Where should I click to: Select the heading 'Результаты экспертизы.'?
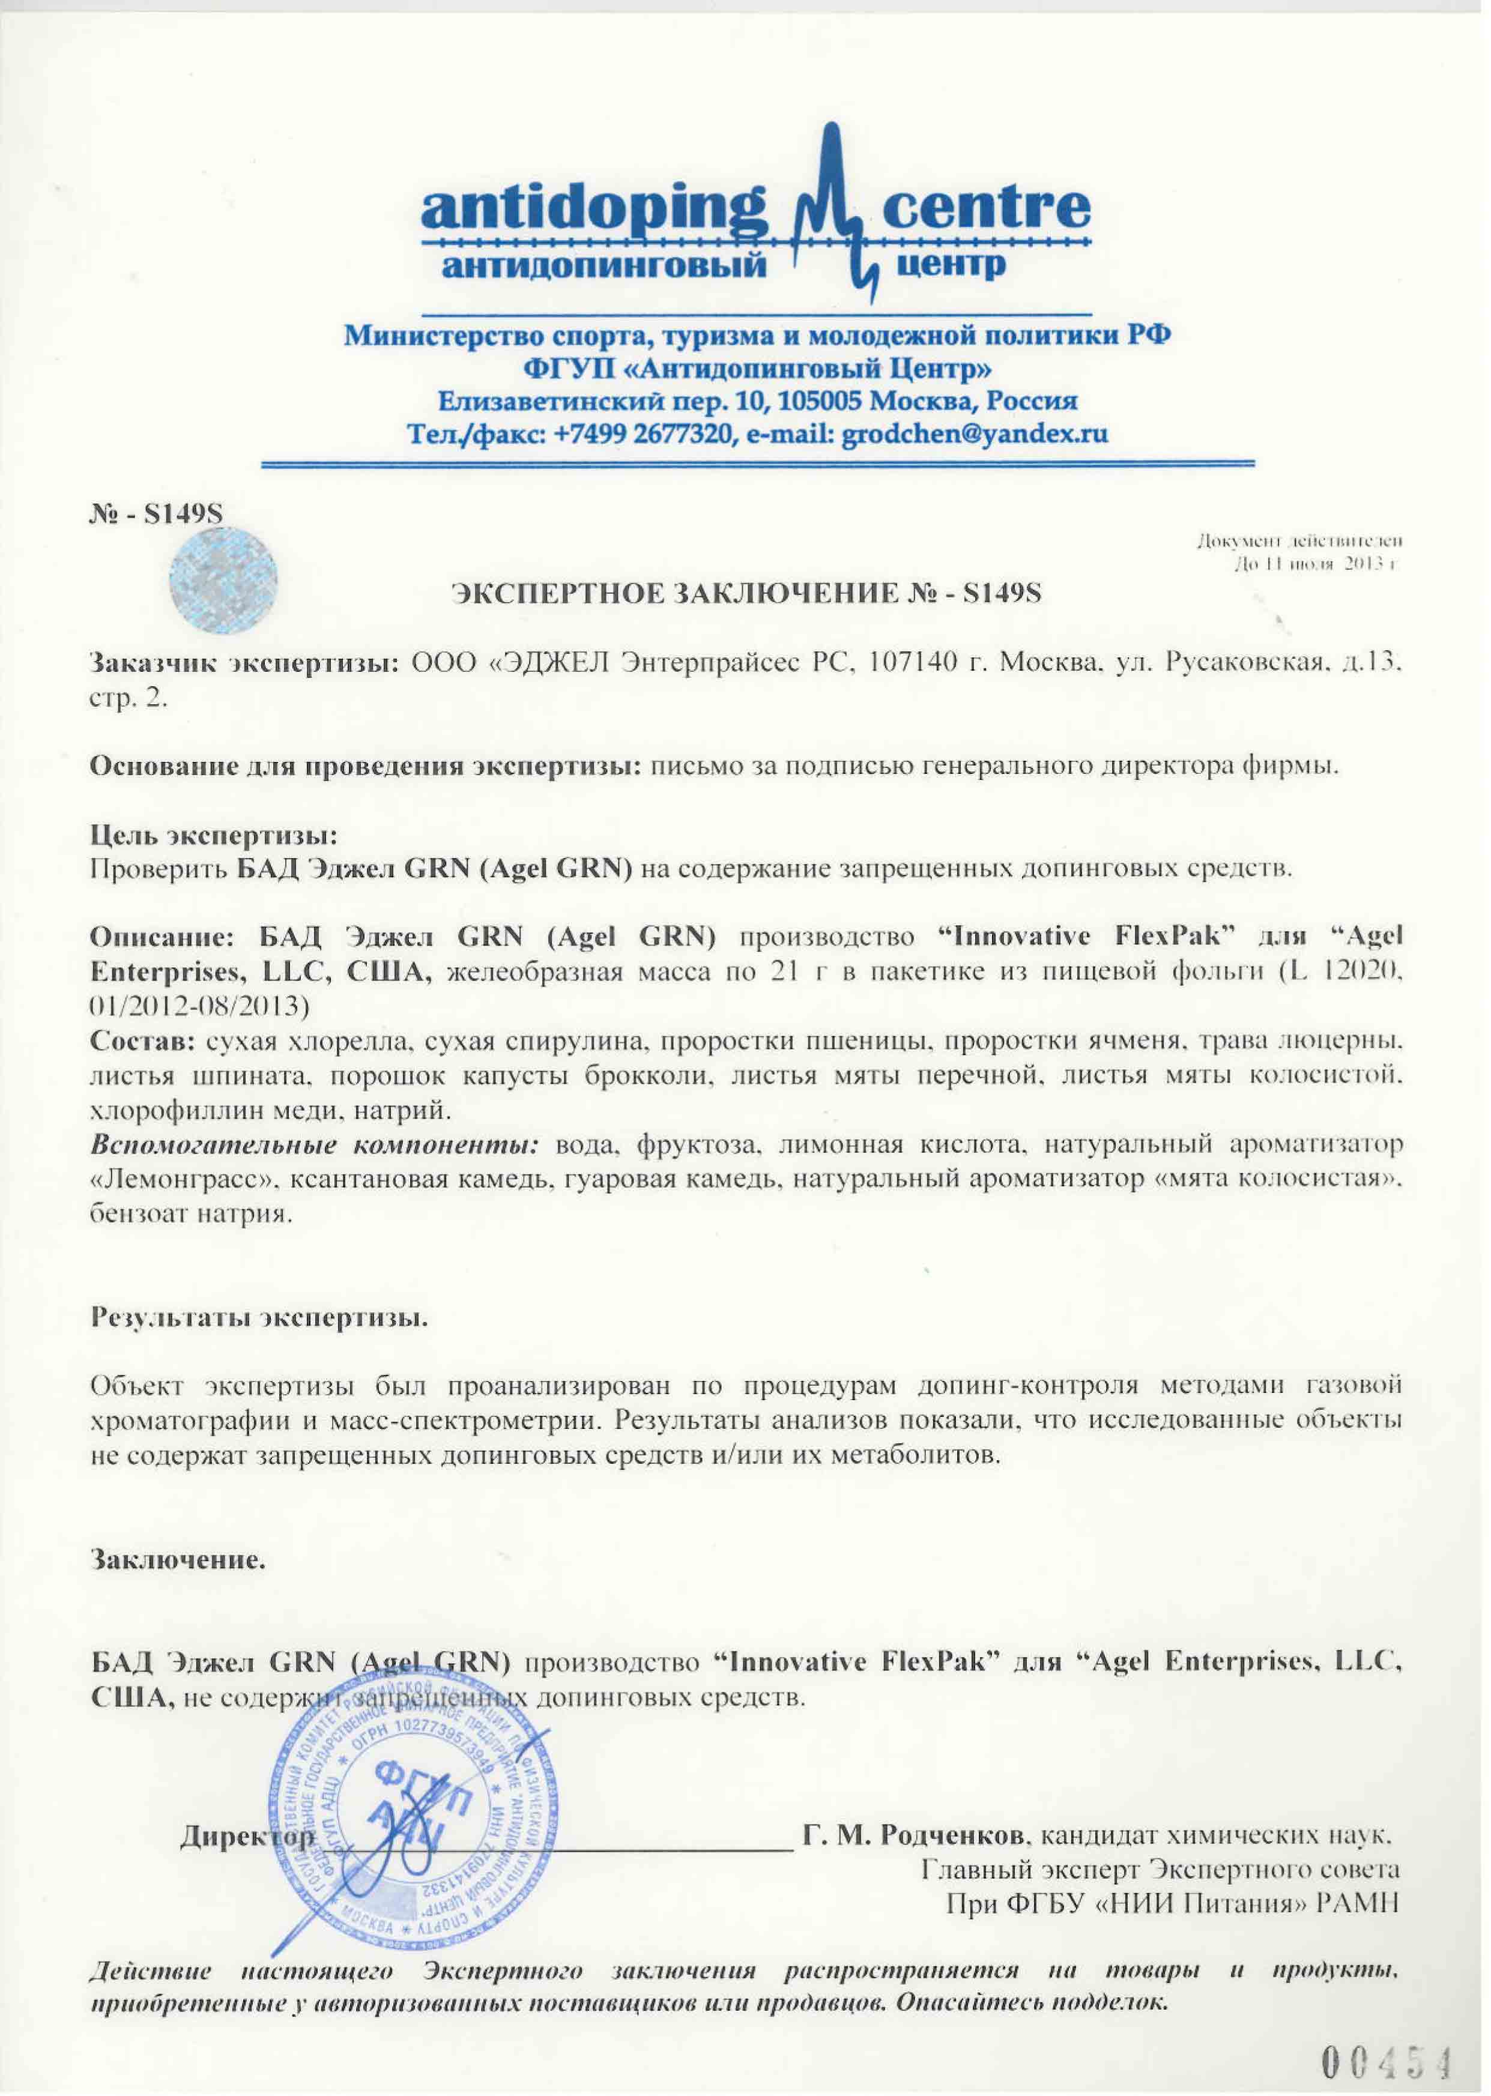[259, 1318]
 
